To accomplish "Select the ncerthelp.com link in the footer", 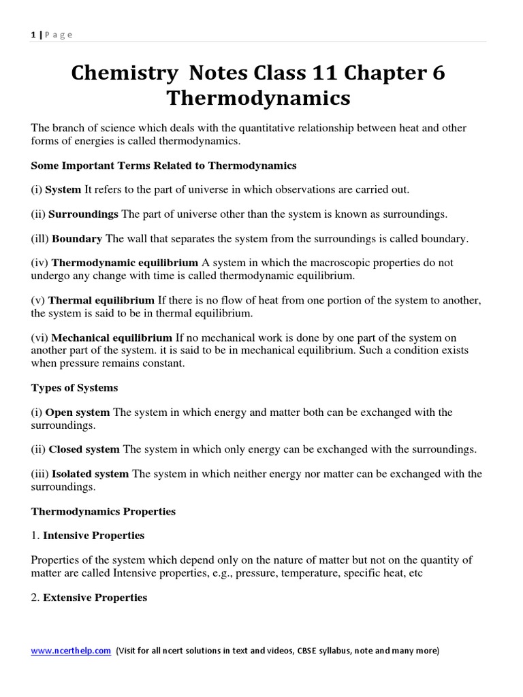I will (x=71, y=651).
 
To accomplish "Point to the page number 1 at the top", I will (x=33, y=35).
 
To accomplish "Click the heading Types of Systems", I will (x=74, y=387).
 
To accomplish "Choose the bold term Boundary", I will (x=77, y=238).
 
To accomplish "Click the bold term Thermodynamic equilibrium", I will (x=125, y=262).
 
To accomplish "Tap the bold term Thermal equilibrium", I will (x=103, y=300).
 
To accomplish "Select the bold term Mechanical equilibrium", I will (x=112, y=338).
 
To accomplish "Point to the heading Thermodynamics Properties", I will (x=104, y=510).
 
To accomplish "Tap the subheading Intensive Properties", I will (x=94, y=535).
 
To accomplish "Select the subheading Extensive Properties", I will (x=95, y=597).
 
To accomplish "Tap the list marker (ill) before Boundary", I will (x=40, y=238).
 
